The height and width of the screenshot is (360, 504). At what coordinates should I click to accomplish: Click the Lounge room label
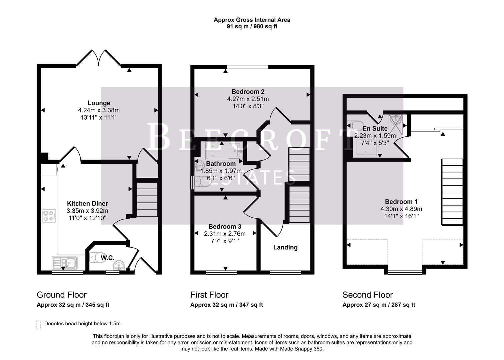click(x=99, y=103)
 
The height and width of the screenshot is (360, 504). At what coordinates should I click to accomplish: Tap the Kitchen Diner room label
click(x=87, y=203)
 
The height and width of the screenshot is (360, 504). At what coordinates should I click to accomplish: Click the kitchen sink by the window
click(x=64, y=263)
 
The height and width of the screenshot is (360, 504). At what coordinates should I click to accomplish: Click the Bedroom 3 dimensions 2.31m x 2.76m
click(x=225, y=234)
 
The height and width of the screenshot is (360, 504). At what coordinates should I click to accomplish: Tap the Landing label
click(x=285, y=247)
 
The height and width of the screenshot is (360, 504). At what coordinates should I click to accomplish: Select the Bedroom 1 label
click(x=401, y=202)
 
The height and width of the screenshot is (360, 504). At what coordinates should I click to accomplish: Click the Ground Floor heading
click(x=62, y=295)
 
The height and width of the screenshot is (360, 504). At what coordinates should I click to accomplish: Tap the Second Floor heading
click(x=368, y=295)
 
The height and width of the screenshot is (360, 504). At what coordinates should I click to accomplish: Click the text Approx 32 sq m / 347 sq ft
click(x=226, y=305)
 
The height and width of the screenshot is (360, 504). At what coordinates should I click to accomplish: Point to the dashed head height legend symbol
click(x=39, y=325)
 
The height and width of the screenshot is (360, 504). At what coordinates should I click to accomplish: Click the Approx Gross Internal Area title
click(x=252, y=20)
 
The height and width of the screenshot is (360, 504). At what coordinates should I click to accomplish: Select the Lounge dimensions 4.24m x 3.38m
click(x=99, y=110)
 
